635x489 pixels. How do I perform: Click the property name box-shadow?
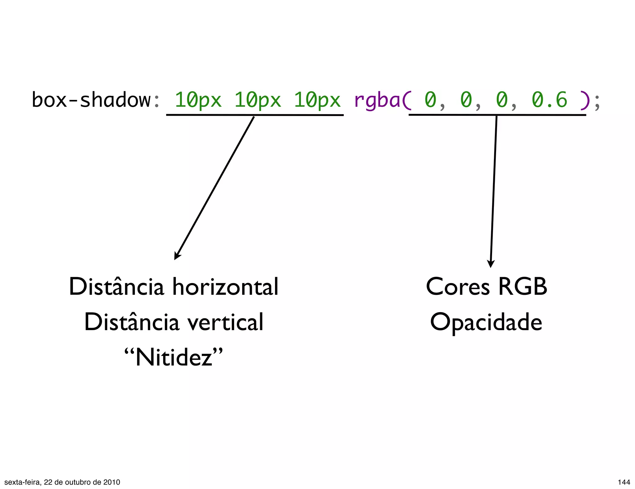click(x=91, y=100)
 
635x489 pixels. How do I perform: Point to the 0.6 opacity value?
click(x=549, y=100)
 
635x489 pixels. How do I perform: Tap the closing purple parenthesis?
click(x=584, y=100)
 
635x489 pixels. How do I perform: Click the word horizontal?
click(x=225, y=287)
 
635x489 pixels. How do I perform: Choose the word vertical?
click(x=226, y=322)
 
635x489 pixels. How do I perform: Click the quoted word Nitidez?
click(x=174, y=357)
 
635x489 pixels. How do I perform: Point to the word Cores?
click(x=458, y=287)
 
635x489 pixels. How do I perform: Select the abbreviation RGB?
click(x=523, y=287)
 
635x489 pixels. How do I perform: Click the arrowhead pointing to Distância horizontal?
click(x=177, y=256)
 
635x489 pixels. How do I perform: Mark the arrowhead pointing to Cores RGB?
click(x=491, y=264)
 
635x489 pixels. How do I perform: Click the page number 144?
click(x=624, y=482)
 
